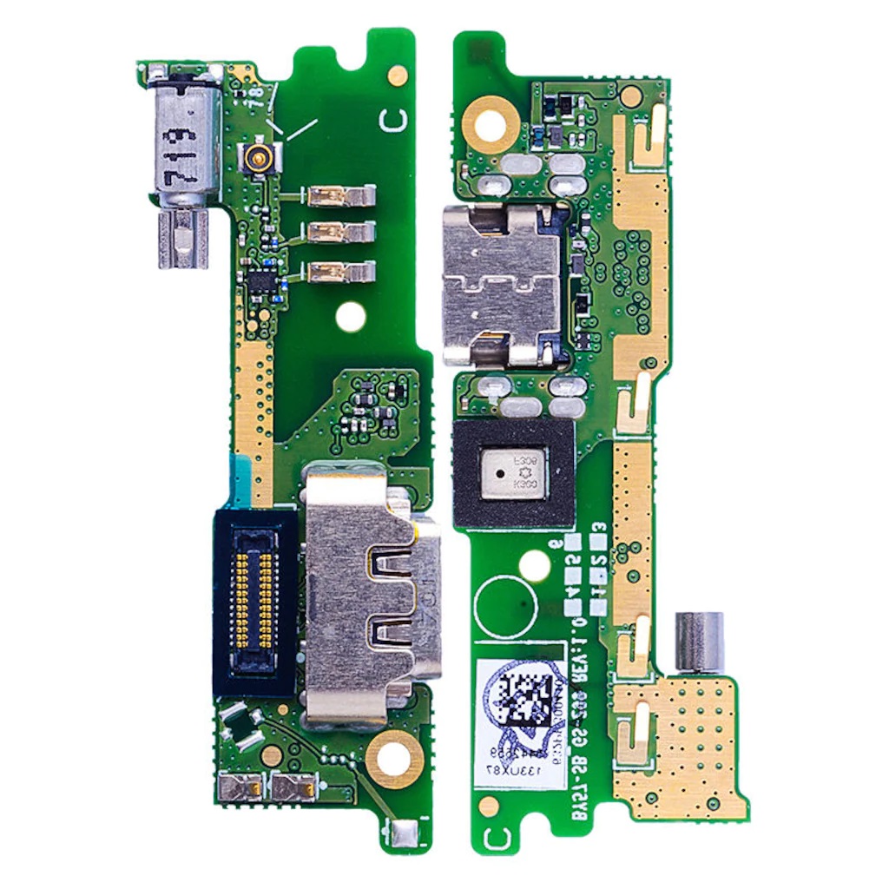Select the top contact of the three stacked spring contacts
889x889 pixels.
(339, 196)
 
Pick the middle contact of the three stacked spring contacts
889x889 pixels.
(339, 233)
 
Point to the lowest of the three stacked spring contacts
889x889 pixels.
(339, 271)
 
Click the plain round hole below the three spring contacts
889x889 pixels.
(350, 317)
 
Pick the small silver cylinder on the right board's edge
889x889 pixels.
(700, 641)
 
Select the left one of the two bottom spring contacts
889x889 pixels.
(240, 787)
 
